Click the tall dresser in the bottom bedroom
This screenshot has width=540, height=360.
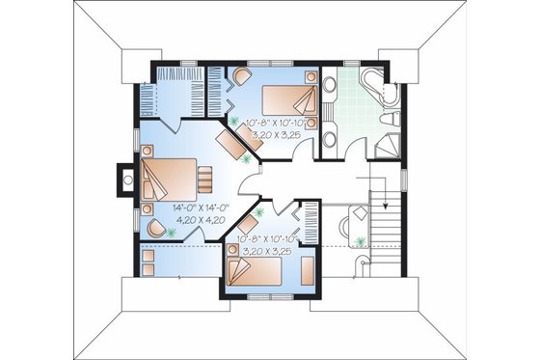pos(307,269)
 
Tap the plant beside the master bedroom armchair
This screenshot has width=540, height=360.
pos(172,232)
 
